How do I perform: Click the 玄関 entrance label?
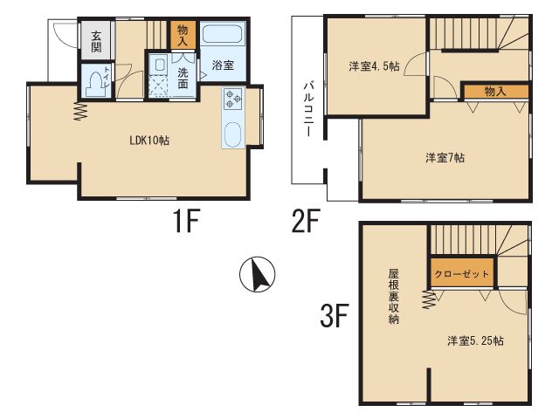(96, 41)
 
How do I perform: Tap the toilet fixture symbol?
(94, 83)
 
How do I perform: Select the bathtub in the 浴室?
(223, 34)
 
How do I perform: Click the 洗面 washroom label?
(183, 78)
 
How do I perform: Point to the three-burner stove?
(233, 99)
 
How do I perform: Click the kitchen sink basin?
(233, 134)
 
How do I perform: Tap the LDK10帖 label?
(149, 141)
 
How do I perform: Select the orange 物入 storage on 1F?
(183, 35)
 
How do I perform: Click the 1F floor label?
(186, 221)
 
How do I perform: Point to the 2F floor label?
(306, 221)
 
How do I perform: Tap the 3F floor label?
(334, 315)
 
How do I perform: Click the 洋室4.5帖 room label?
(375, 66)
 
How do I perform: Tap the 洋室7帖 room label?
(445, 157)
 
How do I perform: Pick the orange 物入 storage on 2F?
(495, 92)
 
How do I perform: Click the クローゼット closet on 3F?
(462, 273)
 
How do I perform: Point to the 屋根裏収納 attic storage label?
(393, 297)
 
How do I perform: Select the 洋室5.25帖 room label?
(475, 340)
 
